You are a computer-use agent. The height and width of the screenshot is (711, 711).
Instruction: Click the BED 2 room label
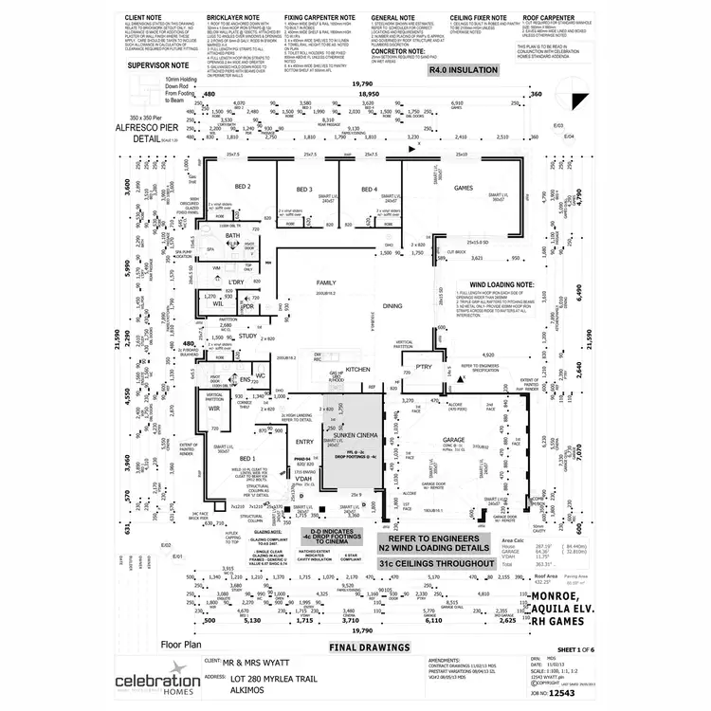pos(242,187)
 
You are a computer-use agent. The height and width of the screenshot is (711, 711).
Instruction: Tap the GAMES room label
pos(464,188)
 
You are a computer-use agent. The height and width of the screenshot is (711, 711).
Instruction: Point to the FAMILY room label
pos(327,283)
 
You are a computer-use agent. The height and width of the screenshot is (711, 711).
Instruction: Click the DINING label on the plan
pos(392,305)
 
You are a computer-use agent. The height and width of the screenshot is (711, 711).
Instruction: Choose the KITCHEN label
pos(357,368)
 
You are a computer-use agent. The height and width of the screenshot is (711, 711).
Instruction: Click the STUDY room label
pos(248,336)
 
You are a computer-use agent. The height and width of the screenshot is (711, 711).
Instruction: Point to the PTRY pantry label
pos(424,366)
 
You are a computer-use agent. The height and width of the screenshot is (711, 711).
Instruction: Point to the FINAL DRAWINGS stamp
pos(370,648)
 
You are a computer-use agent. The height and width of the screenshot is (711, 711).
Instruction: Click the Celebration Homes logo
pos(157,684)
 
